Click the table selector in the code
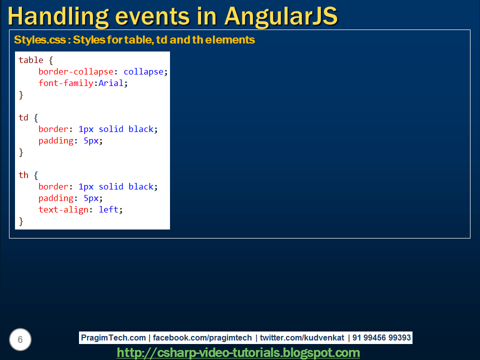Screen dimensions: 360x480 [x=31, y=60]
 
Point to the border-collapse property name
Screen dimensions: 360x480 [x=75, y=71]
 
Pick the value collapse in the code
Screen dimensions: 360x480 [x=143, y=71]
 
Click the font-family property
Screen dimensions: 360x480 [x=66, y=83]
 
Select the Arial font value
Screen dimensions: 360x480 [x=110, y=83]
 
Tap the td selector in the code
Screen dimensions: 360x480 [x=23, y=117]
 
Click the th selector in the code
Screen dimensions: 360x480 [x=23, y=175]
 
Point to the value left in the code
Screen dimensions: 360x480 [x=108, y=209]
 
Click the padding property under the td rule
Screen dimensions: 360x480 [x=56, y=140]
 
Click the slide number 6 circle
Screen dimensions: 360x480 [x=20, y=340]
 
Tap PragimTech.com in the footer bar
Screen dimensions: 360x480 [x=114, y=338]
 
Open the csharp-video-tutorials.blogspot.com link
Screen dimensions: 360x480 [x=238, y=352]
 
